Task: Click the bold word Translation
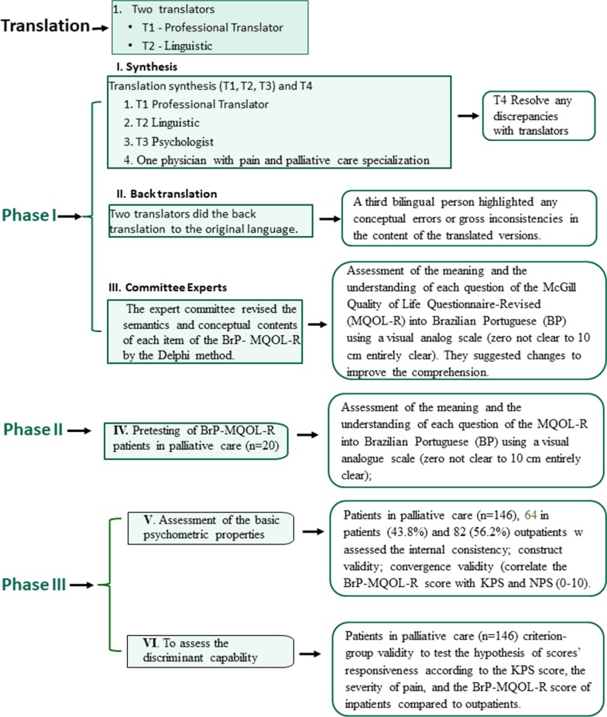(x=46, y=26)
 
